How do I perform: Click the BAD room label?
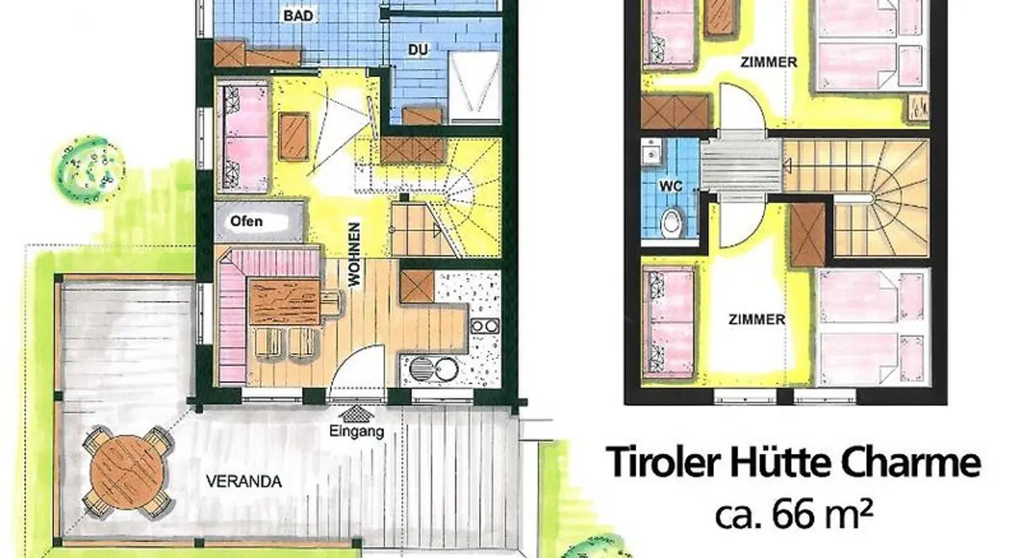point(299,16)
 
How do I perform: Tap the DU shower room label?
point(418,50)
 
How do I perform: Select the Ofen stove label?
point(246,222)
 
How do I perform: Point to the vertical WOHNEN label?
point(355,254)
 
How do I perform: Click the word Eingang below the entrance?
point(357,431)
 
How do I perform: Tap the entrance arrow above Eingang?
point(357,414)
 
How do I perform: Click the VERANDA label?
point(244,482)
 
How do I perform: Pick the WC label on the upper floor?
point(671,186)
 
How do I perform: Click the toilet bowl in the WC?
point(672,223)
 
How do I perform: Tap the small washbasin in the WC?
point(652,152)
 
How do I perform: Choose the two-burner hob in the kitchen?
point(485,326)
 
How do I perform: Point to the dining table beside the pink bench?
point(284,302)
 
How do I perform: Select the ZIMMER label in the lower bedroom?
point(757,319)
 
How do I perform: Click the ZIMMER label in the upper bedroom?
point(768,62)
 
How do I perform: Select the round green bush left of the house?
point(89,169)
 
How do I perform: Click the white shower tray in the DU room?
point(475,87)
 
